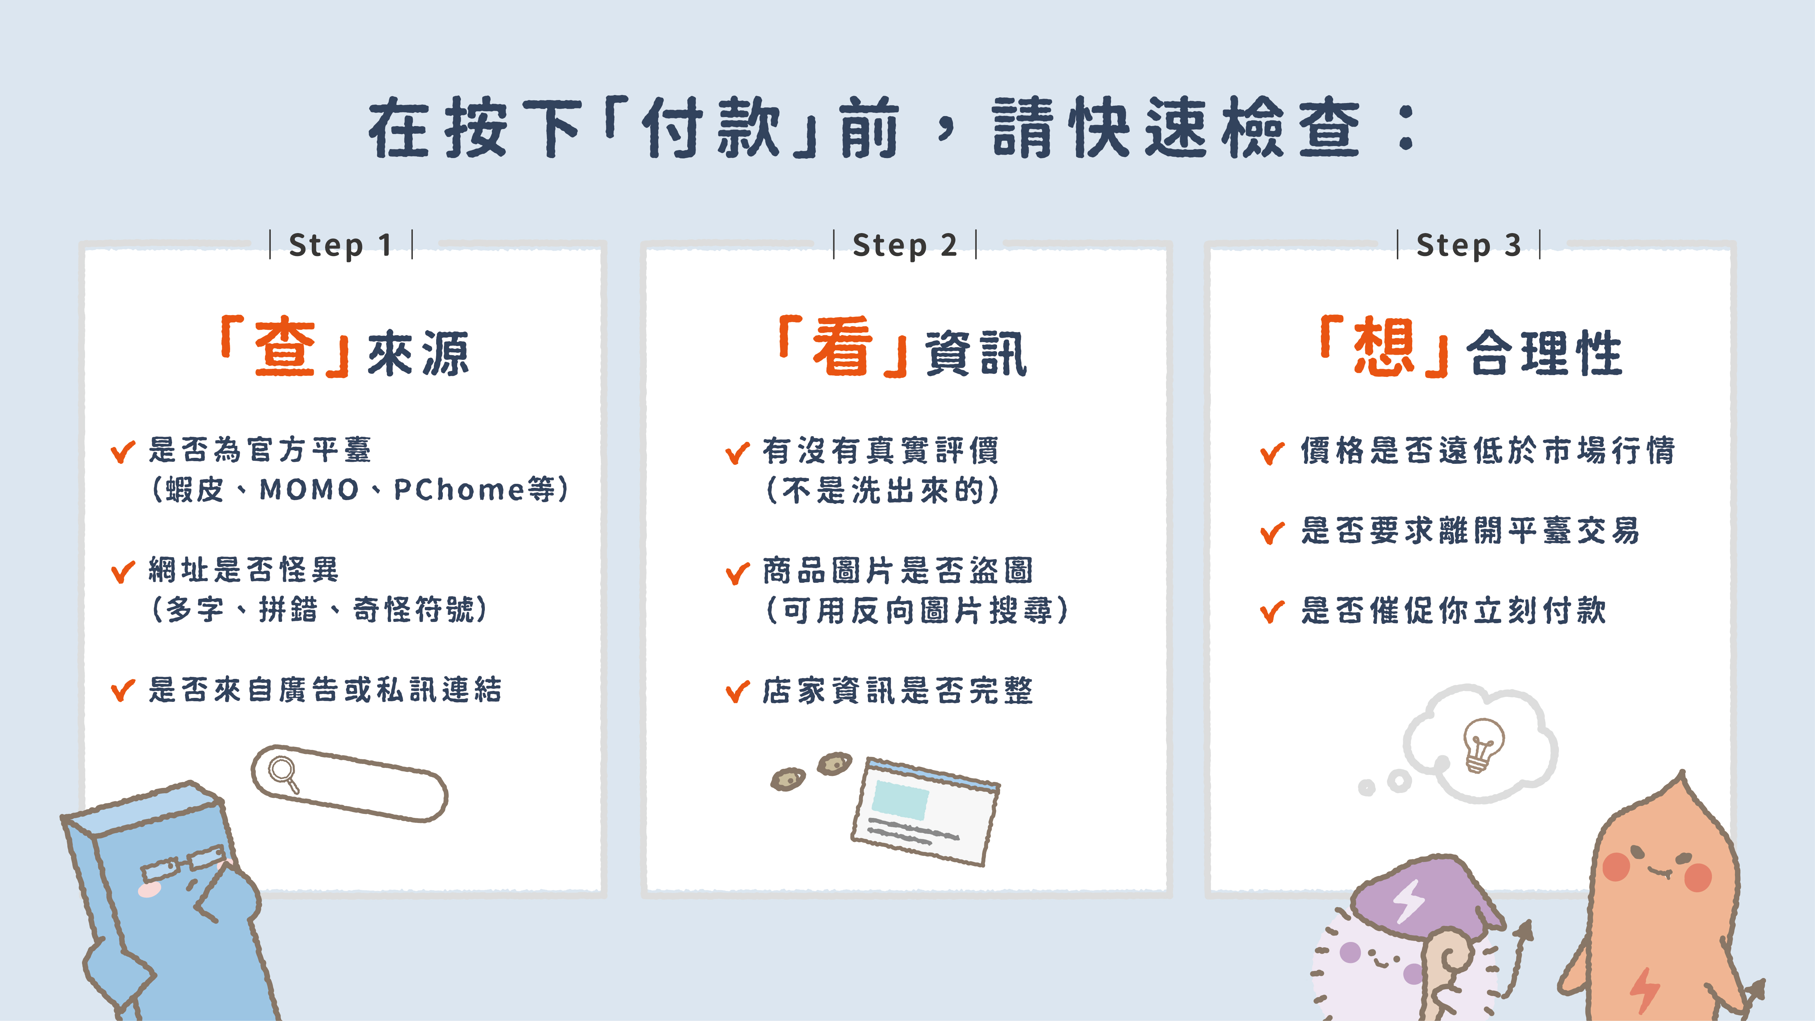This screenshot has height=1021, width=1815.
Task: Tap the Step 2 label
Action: pos(905,245)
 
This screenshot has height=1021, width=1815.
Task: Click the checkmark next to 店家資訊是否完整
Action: pos(738,691)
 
